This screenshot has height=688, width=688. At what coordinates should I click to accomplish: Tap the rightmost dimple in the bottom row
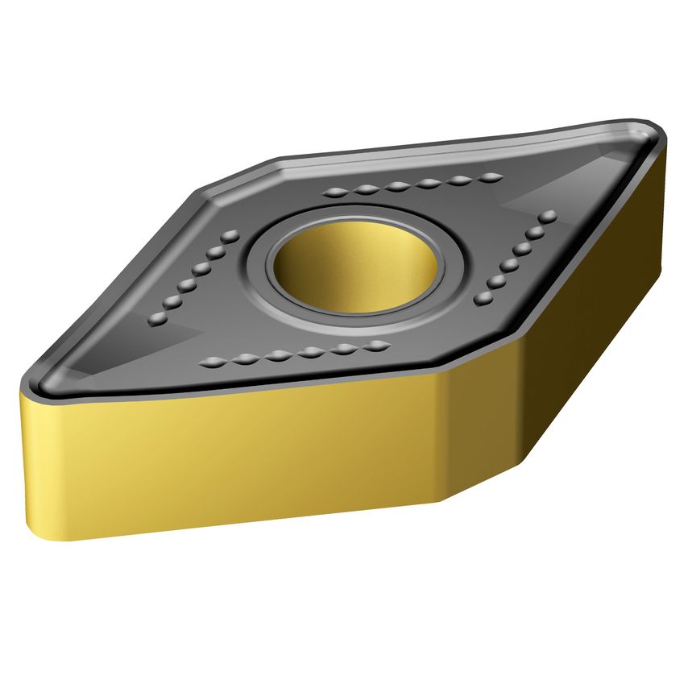point(375,346)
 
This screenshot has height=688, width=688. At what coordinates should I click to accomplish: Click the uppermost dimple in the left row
point(231,235)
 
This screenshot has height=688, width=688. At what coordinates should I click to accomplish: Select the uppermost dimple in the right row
point(549,217)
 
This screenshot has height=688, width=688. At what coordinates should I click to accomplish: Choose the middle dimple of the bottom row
point(294,354)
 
